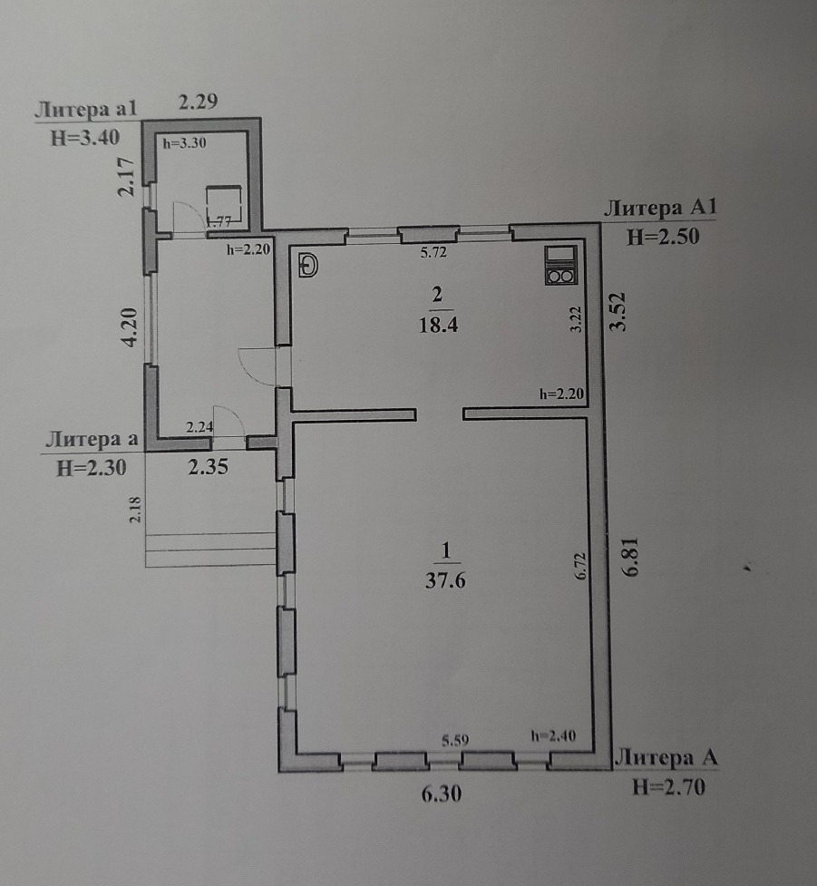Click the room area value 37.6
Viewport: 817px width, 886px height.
pos(444,581)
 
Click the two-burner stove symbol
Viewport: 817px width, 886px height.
pos(559,266)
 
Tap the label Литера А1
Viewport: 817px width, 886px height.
pos(659,209)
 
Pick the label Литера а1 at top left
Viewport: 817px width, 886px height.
pos(85,112)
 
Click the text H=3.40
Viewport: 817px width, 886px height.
pos(85,139)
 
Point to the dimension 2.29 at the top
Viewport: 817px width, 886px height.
pos(198,102)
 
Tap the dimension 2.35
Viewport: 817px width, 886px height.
pos(207,469)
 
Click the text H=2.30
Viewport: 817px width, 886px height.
pos(87,468)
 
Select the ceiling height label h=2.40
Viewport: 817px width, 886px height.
pos(552,735)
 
